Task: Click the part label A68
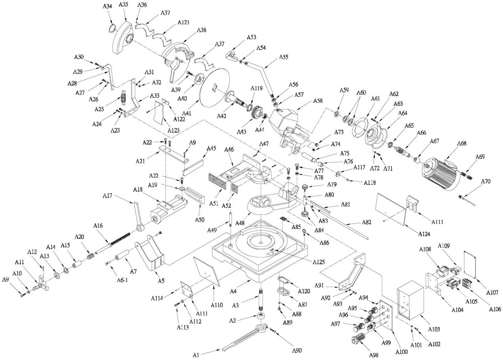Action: [x=462, y=144]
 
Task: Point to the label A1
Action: [x=196, y=355]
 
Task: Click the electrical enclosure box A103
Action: [x=410, y=300]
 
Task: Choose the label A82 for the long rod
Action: [x=366, y=223]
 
